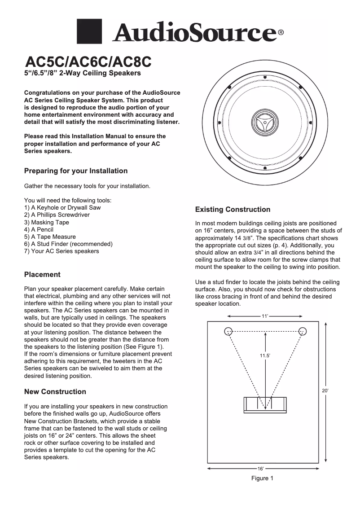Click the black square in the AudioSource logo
click(91, 32)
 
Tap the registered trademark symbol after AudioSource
click(281, 33)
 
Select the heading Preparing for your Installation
click(75, 171)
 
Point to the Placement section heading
click(42, 274)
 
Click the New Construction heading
click(55, 392)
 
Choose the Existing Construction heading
click(233, 210)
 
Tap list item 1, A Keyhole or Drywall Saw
click(62, 208)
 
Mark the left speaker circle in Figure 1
click(229, 331)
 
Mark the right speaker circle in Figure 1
click(303, 331)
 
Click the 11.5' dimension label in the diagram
click(265, 355)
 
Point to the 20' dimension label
click(325, 391)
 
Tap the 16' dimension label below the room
click(260, 469)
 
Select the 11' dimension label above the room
click(265, 316)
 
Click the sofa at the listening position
click(265, 404)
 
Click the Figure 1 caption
click(262, 478)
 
